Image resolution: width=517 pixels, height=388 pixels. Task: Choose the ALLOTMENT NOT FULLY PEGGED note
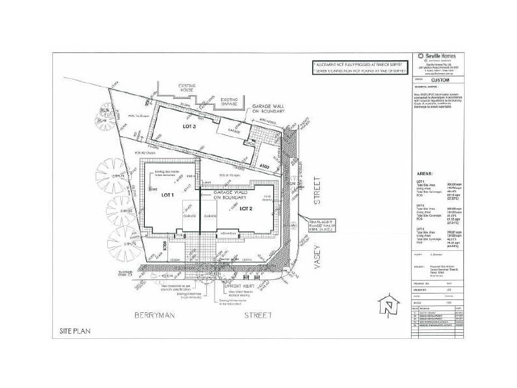358,65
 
